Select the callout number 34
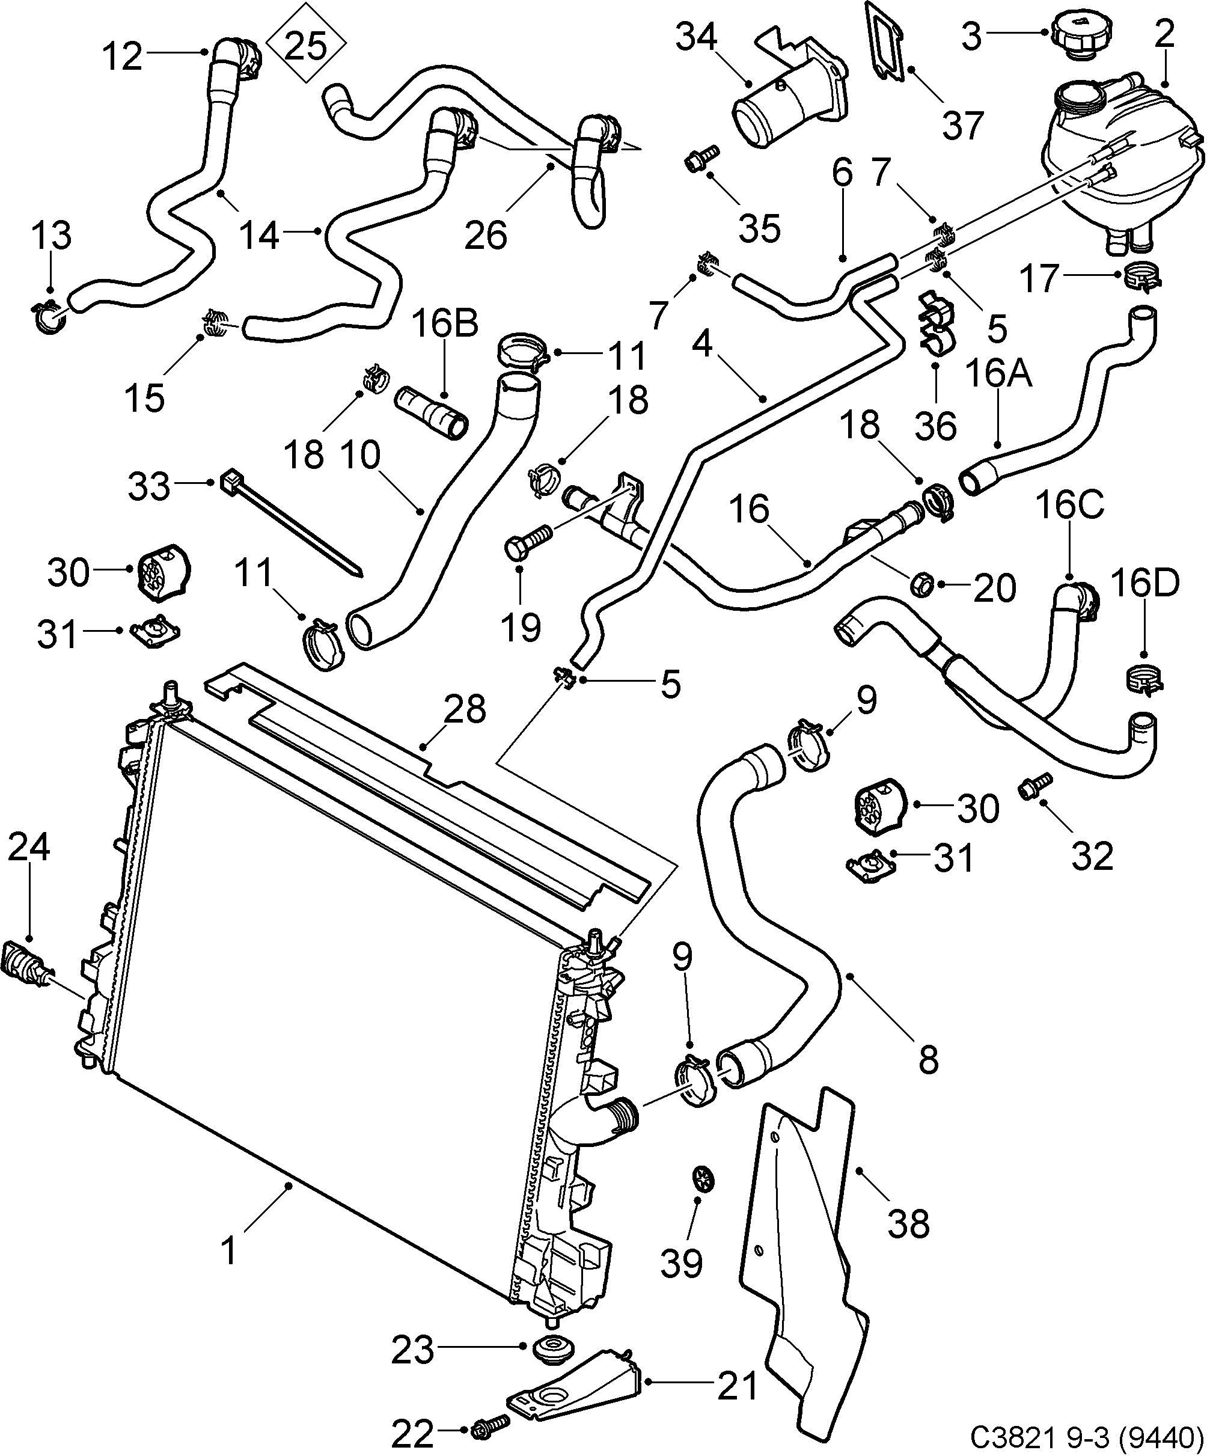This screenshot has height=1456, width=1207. click(696, 37)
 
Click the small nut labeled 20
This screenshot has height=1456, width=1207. click(921, 583)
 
